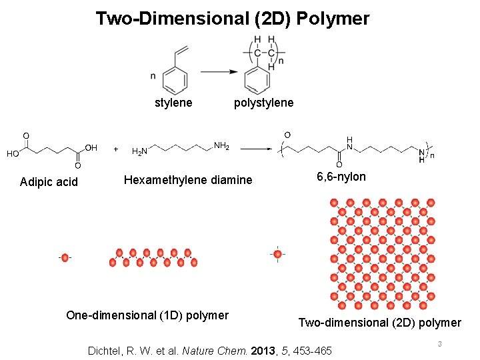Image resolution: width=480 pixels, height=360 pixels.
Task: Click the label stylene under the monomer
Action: click(173, 103)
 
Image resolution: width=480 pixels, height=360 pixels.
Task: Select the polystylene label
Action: click(263, 103)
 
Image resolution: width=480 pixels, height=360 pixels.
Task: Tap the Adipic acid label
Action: click(49, 182)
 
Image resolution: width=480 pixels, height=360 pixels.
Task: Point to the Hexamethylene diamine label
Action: click(188, 179)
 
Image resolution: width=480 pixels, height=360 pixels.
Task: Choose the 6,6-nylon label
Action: click(341, 177)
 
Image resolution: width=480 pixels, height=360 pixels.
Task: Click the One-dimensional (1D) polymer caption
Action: click(147, 315)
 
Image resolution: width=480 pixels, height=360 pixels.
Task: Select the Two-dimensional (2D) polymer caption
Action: click(379, 323)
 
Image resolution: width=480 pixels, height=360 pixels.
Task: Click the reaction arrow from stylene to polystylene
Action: click(220, 72)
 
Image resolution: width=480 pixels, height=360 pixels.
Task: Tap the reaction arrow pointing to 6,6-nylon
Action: click(256, 149)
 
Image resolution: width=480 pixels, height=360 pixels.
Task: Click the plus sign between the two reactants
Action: click(117, 149)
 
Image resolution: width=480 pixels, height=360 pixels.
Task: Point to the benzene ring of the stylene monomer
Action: click(175, 81)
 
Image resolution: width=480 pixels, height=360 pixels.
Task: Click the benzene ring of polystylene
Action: click(257, 81)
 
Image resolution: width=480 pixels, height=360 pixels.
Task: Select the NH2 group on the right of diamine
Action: click(221, 145)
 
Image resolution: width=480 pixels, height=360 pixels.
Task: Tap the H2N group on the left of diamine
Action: click(140, 152)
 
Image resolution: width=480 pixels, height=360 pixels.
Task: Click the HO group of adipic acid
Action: click(13, 153)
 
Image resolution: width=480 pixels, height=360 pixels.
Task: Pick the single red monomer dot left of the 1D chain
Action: click(65, 258)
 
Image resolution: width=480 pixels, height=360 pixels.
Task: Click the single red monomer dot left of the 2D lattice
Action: click(278, 254)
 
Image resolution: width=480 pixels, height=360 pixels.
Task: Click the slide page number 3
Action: click(440, 344)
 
